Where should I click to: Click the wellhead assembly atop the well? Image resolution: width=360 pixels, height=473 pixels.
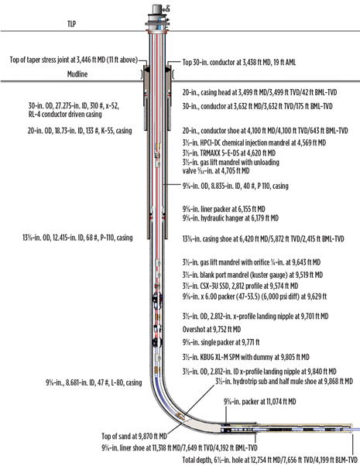pos(161,11)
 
